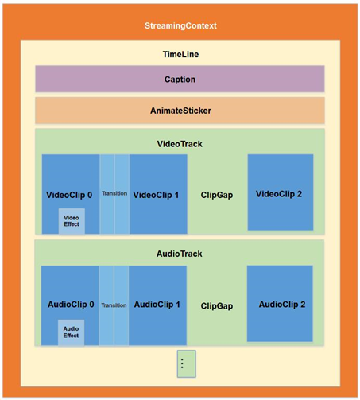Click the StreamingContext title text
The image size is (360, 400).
tap(180, 25)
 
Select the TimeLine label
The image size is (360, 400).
tap(180, 54)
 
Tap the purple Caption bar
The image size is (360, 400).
tap(180, 79)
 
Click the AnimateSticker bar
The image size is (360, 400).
tap(180, 111)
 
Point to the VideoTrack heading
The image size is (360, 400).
tap(180, 144)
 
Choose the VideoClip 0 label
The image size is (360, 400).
tap(69, 195)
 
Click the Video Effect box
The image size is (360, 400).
tap(72, 221)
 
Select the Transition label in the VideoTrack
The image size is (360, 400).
tap(114, 193)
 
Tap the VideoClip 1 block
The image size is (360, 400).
tap(158, 194)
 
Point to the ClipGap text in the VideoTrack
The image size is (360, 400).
tap(217, 195)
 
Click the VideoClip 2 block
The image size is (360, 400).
tap(281, 192)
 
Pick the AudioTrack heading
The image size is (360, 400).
tap(179, 254)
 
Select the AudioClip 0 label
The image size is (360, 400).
tap(71, 305)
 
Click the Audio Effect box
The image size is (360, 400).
tap(72, 332)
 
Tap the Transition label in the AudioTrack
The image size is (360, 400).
tap(114, 305)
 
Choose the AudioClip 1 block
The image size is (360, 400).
tap(157, 305)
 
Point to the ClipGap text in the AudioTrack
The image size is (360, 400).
tap(217, 306)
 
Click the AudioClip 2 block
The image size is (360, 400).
tap(280, 304)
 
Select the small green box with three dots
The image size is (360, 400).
tap(187, 363)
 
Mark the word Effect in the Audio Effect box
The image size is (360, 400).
tap(71, 336)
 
